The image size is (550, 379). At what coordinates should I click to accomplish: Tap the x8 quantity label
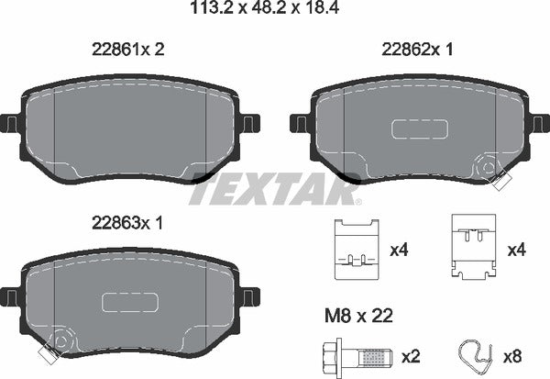click(513, 356)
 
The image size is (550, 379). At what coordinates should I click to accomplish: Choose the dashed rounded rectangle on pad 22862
click(416, 129)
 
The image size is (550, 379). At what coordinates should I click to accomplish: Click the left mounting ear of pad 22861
click(10, 122)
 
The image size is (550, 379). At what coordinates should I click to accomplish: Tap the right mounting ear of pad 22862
click(533, 122)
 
